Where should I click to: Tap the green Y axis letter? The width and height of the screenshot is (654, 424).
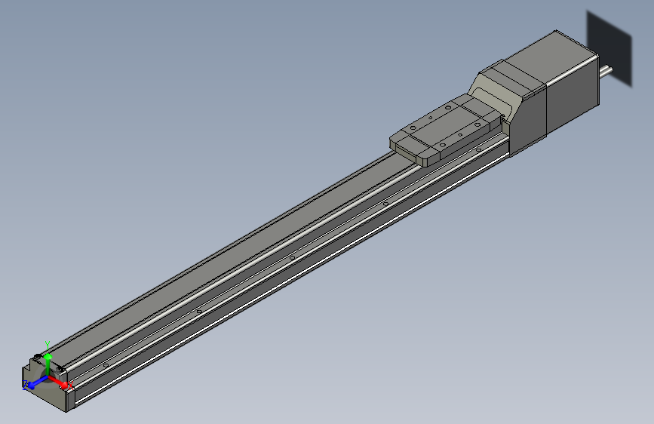(47, 343)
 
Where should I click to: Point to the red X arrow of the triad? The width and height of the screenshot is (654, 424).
(60, 381)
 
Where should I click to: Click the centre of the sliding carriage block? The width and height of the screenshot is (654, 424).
(445, 130)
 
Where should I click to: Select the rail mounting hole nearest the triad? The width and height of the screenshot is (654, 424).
(106, 364)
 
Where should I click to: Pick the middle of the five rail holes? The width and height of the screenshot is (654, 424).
(292, 258)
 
